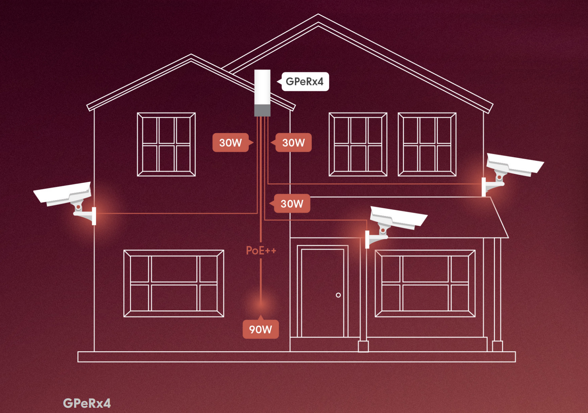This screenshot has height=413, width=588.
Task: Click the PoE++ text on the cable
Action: pos(261,250)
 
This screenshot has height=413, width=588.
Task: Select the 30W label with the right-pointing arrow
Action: pos(233,142)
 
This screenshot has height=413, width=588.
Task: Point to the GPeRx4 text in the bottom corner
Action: pos(87,403)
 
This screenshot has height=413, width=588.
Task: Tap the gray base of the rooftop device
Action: pos(262,110)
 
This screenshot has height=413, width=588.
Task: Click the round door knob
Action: pos(338,295)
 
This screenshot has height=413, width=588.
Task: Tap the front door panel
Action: pos(323,293)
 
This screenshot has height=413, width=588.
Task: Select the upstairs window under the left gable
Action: pos(166,144)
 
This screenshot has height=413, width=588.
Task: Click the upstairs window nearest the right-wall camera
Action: pos(427,144)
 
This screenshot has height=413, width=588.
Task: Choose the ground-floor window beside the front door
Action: pos(425,283)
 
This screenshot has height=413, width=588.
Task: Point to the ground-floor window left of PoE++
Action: pos(174,283)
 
